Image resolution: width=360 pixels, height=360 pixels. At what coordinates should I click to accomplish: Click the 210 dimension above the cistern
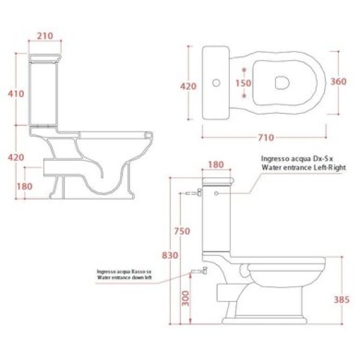click(45, 36)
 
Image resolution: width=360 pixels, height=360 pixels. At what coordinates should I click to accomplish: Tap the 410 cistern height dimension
click(16, 94)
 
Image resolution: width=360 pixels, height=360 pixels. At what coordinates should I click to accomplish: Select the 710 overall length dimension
click(266, 137)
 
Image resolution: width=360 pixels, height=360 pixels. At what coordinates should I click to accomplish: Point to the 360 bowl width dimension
click(338, 81)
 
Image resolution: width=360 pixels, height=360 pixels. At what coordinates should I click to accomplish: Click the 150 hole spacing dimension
click(244, 83)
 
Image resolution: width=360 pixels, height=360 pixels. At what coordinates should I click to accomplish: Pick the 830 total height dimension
click(170, 256)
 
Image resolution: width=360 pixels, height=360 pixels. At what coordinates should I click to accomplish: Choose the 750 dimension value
click(182, 231)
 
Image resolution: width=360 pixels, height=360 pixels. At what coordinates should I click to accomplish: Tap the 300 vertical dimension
click(185, 298)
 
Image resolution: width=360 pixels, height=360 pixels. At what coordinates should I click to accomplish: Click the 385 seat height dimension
click(341, 299)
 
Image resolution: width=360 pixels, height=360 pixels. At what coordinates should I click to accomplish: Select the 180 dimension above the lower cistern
click(216, 164)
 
